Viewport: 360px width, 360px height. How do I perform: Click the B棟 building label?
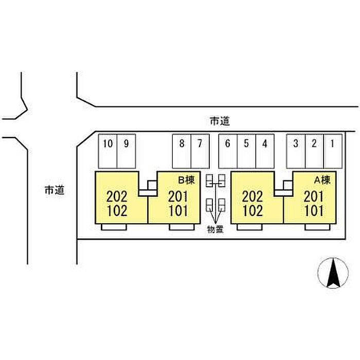(x=186, y=180)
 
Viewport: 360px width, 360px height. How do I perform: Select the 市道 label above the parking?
(x=220, y=121)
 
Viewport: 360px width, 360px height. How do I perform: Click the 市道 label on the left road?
(x=54, y=190)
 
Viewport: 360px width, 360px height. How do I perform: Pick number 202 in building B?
(x=116, y=196)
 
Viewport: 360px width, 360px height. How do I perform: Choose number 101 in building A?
(x=314, y=210)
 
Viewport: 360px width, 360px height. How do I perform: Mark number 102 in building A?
(x=253, y=210)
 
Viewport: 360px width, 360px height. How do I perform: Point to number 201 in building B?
(x=178, y=196)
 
